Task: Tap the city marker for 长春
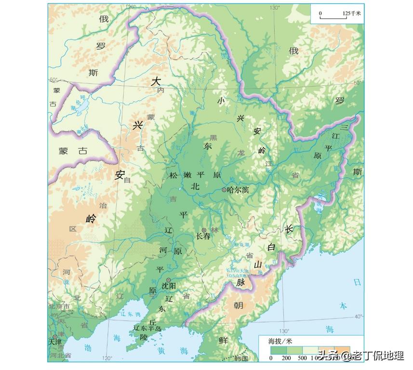204,230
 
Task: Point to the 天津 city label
55,343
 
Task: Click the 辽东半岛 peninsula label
147,328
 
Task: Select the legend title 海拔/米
280,341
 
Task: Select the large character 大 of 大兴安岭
155,81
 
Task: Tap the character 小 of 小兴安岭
221,101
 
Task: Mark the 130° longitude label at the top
275,8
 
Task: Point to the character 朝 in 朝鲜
239,305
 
